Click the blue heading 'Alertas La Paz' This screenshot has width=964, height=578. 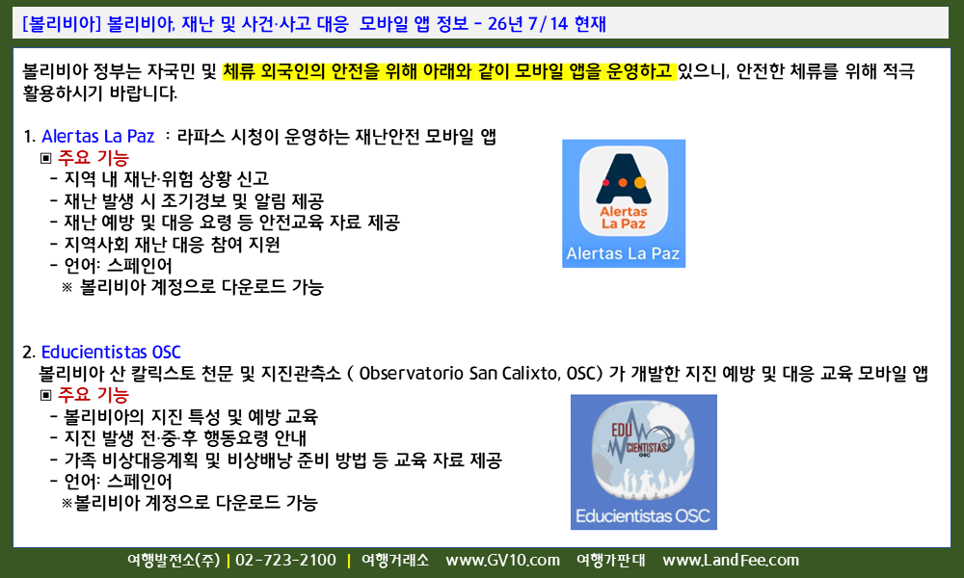click(x=97, y=136)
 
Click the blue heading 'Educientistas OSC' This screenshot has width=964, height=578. click(x=111, y=352)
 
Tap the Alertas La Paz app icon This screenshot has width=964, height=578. click(x=624, y=192)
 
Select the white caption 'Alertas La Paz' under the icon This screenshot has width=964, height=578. click(x=623, y=253)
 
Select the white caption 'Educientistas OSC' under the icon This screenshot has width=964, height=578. click(x=643, y=516)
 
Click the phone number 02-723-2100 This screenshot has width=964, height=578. click(x=286, y=561)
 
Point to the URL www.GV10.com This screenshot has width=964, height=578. click(x=503, y=561)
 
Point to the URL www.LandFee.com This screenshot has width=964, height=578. click(x=731, y=561)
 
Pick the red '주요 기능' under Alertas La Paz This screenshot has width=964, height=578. click(x=94, y=158)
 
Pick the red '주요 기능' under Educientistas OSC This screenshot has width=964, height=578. click(x=94, y=394)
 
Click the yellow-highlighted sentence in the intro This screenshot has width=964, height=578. click(x=449, y=71)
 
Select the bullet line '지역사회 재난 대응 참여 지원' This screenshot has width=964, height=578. click(x=173, y=245)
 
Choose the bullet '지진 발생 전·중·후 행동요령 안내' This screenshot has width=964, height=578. click(x=185, y=438)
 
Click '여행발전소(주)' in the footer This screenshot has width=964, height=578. click(x=174, y=561)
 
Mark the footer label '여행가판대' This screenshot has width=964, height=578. click(x=611, y=561)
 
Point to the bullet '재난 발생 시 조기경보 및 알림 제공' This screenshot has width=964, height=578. click(x=194, y=201)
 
